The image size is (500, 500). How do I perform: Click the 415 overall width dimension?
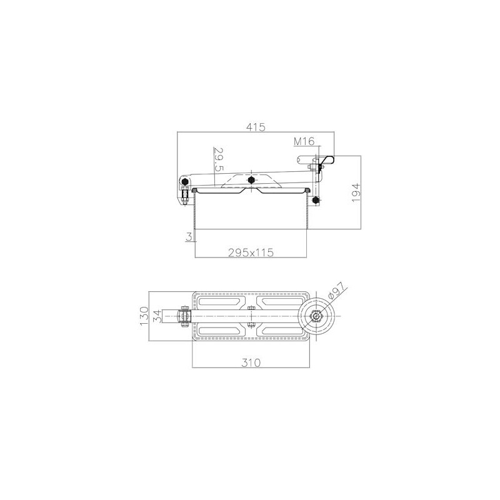coord(256,127)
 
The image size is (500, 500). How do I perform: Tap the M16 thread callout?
coord(304,141)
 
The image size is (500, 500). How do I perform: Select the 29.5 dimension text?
coord(218,159)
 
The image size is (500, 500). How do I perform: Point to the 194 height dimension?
coord(356,192)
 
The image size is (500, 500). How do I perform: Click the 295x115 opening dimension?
coord(251,252)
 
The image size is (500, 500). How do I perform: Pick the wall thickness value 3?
coord(189,237)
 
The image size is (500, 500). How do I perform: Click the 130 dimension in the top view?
coord(144,316)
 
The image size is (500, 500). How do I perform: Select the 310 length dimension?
coord(251,362)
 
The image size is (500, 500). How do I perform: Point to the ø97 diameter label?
coord(337,291)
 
